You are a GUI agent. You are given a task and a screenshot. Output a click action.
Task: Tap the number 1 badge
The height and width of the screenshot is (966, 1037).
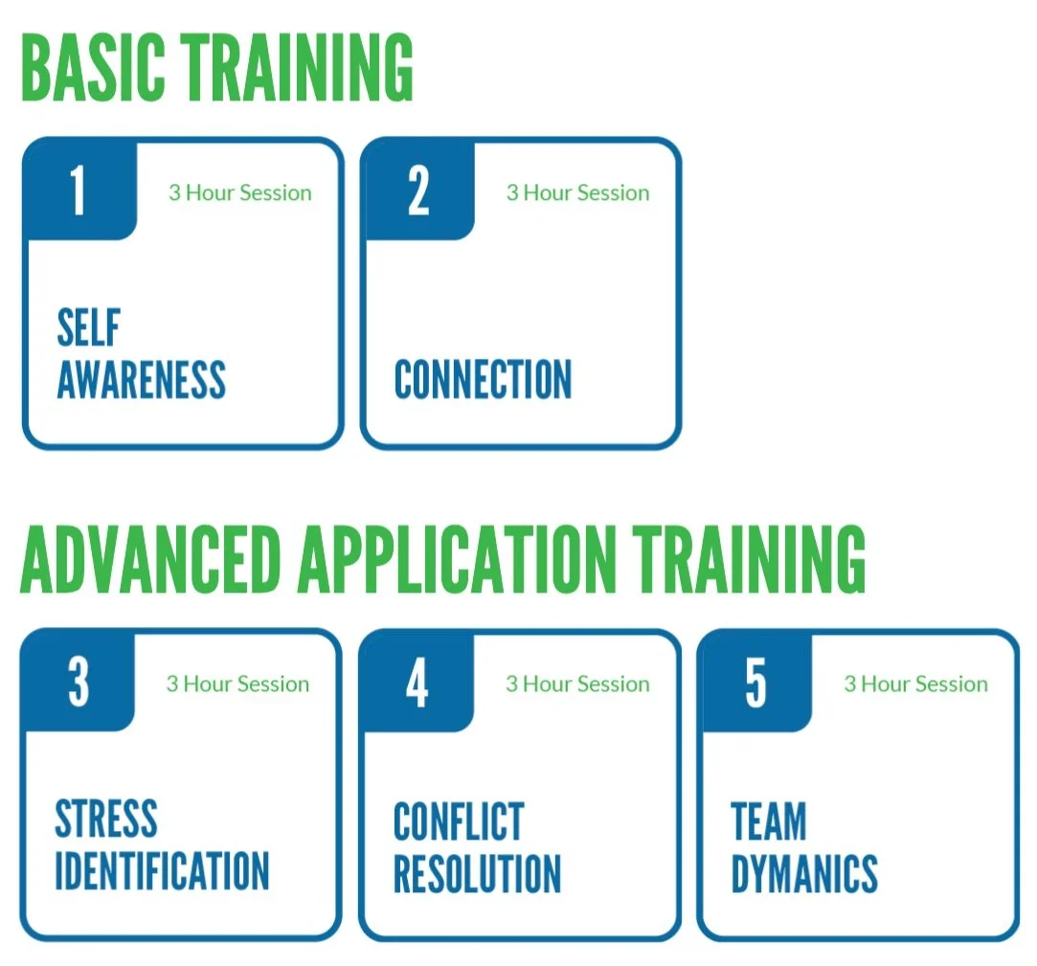click(78, 191)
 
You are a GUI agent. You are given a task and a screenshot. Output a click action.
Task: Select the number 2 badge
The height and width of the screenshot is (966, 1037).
click(418, 191)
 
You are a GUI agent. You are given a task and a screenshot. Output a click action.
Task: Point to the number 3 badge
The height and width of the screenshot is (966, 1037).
click(79, 682)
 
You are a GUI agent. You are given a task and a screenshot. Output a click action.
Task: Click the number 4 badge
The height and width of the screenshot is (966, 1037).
click(417, 682)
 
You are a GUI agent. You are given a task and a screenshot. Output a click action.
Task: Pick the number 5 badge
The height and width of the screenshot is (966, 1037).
click(755, 682)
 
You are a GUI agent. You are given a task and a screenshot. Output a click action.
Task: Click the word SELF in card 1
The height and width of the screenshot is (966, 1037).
click(88, 328)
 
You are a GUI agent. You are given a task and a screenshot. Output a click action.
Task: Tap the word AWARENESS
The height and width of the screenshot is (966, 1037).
click(142, 379)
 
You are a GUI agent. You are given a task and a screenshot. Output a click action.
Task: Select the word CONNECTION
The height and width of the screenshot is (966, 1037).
click(483, 379)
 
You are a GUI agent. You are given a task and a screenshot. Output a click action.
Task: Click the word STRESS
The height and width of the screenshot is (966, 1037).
click(106, 820)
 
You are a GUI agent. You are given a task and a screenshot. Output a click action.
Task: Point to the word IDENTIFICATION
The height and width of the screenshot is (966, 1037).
click(162, 870)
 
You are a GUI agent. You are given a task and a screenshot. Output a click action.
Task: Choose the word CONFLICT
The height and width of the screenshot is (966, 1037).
click(459, 821)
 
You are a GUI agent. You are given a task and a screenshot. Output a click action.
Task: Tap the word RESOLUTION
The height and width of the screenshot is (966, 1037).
click(477, 872)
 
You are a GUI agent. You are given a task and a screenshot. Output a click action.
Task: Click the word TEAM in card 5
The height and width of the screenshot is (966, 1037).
click(769, 821)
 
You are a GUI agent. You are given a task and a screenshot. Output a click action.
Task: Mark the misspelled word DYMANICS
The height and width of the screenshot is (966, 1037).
click(804, 872)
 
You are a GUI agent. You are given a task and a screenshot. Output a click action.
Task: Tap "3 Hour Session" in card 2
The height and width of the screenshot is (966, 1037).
click(577, 192)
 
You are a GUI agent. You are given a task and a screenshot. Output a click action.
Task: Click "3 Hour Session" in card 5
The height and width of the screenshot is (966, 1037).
click(915, 684)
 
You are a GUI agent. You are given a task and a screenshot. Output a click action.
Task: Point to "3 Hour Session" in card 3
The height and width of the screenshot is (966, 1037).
click(237, 684)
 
